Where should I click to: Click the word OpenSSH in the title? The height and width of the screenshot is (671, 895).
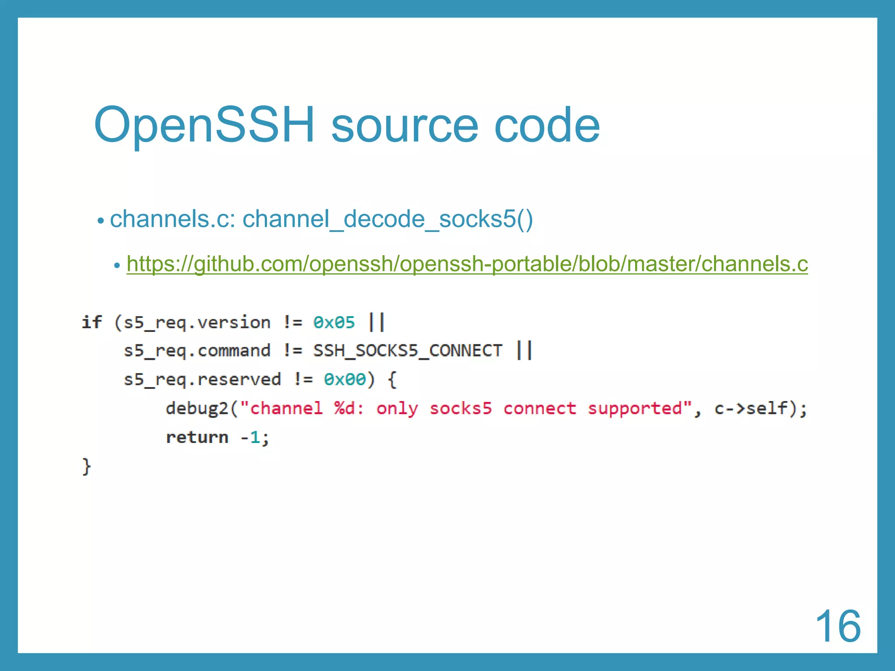(204, 125)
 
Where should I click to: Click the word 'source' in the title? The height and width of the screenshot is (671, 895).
(404, 127)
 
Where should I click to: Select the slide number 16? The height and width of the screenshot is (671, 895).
(838, 626)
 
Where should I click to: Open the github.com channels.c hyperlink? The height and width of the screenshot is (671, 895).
(467, 264)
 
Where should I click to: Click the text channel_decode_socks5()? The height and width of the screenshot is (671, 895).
(388, 219)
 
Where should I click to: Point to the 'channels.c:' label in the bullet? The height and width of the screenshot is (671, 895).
(173, 219)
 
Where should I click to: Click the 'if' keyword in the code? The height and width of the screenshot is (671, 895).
(92, 322)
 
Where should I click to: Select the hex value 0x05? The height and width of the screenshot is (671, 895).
(334, 323)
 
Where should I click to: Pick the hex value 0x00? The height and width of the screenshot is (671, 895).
(344, 380)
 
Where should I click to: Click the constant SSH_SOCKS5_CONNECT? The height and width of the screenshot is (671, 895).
(408, 351)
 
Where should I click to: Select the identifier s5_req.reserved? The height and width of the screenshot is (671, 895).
(202, 380)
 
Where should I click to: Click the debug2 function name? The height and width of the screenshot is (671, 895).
(197, 408)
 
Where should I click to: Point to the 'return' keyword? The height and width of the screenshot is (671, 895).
(197, 437)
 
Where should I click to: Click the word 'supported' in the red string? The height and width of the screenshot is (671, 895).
(635, 409)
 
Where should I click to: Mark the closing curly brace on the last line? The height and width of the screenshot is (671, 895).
(87, 466)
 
